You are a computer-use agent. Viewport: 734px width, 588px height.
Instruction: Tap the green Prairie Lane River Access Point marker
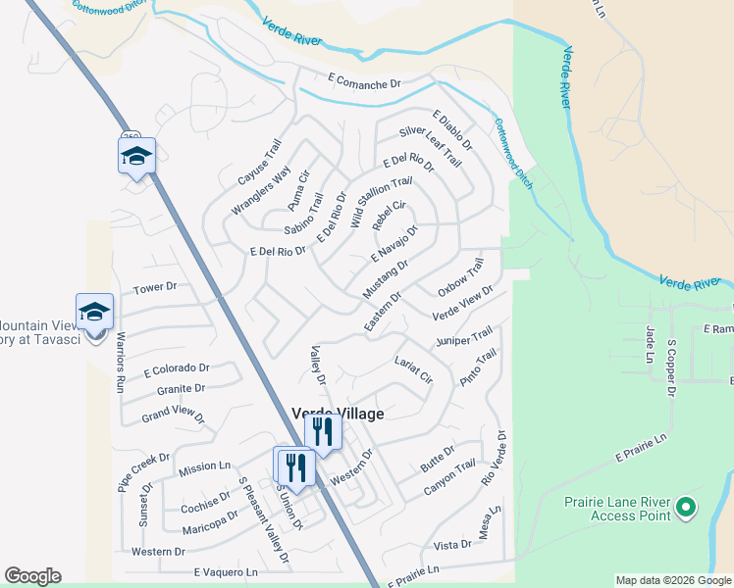[686, 507]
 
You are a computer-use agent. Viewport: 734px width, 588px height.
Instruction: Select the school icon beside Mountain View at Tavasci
[94, 313]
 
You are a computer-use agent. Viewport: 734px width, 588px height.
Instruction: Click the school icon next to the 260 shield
[137, 157]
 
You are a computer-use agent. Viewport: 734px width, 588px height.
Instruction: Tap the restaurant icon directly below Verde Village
[322, 432]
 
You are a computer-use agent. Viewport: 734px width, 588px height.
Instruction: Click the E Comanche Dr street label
[355, 84]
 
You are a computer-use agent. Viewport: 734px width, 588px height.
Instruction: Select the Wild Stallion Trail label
[375, 203]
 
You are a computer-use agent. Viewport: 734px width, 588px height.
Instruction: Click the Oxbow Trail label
[461, 277]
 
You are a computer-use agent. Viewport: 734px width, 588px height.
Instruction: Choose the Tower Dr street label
[155, 287]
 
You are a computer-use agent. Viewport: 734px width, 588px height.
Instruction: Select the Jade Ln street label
[649, 344]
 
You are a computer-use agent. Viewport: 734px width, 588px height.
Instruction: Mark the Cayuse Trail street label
[259, 163]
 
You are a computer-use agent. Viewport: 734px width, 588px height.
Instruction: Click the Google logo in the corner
[32, 576]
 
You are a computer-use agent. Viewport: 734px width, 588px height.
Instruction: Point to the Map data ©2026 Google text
[672, 580]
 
